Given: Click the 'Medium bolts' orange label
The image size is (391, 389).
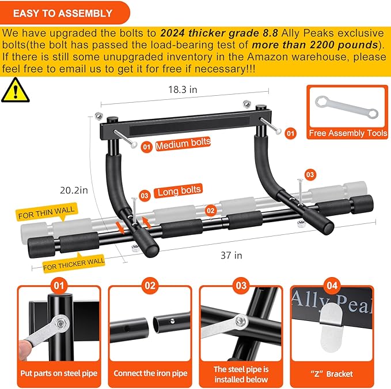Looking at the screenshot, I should (x=183, y=143).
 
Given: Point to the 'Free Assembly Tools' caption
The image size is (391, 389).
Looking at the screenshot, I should (x=348, y=133).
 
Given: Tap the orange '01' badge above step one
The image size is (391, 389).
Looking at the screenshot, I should (x=59, y=285).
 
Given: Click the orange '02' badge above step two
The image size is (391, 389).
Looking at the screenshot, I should (x=150, y=285).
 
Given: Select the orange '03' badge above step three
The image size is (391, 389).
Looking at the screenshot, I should (x=241, y=285).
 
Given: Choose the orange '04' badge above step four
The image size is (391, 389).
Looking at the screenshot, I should (x=332, y=285).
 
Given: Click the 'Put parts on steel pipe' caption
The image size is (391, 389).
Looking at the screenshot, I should (x=59, y=373).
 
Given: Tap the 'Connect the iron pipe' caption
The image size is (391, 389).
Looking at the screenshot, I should (x=150, y=373).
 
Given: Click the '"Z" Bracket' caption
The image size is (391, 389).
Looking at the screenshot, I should (x=332, y=373).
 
